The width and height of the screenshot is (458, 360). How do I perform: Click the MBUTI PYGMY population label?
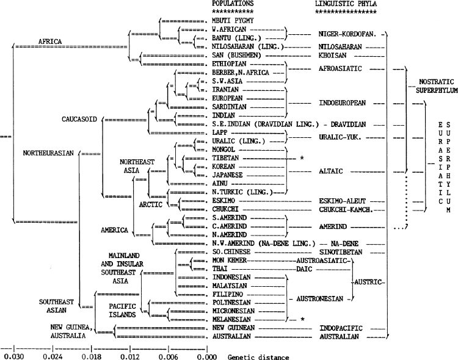pos(233,21)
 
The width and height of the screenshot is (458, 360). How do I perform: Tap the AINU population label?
pos(220,184)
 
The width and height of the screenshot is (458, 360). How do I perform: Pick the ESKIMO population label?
pos(224,201)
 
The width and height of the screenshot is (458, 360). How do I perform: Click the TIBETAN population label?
pos(225,158)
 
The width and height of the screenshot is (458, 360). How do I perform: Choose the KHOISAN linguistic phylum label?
pos(332,56)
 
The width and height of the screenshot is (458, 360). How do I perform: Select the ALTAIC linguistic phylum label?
pos(330,171)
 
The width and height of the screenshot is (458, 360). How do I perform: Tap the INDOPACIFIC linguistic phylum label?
pos(341,328)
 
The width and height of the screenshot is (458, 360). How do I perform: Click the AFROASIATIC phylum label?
pos(340,68)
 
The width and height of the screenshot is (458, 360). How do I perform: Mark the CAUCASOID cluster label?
pos(79,119)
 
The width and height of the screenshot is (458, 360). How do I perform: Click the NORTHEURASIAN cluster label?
pos(48,153)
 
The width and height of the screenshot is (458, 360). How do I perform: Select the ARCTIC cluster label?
pos(150,204)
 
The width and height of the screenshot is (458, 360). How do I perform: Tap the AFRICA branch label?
pos(50,41)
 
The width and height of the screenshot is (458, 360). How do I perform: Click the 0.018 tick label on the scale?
pos(92,357)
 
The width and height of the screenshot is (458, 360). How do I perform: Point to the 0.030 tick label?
pos(14,357)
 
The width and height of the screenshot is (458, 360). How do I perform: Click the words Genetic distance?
pos(258,357)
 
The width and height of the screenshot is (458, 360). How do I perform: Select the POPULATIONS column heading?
pos(233,4)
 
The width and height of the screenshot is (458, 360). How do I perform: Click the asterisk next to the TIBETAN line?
pos(302,158)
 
